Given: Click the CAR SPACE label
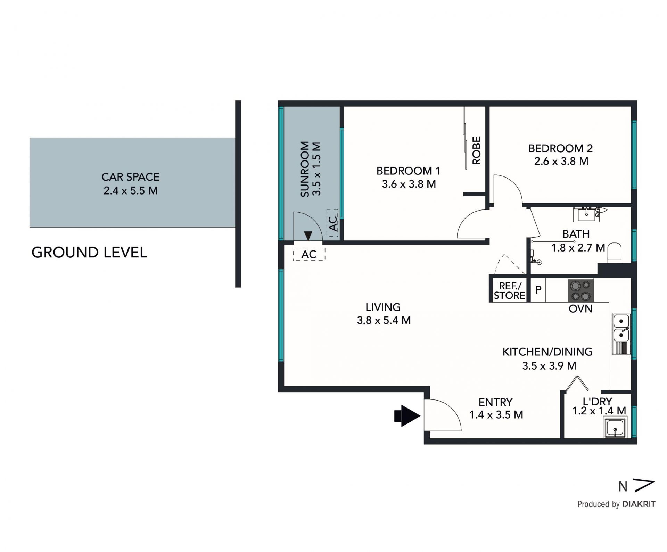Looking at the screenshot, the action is pyautogui.click(x=130, y=177).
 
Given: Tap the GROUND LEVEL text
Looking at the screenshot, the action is pyautogui.click(x=89, y=253).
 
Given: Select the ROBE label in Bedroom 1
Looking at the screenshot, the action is pyautogui.click(x=476, y=150).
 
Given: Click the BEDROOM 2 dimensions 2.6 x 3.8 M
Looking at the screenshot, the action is pyautogui.click(x=561, y=161).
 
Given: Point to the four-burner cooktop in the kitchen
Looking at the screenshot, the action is pyautogui.click(x=580, y=290).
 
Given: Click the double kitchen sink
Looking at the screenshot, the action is pyautogui.click(x=621, y=334).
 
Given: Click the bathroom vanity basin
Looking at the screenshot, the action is pyautogui.click(x=586, y=214).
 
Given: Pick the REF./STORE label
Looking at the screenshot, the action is pyautogui.click(x=509, y=291).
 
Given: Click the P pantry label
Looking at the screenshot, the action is pyautogui.click(x=538, y=290).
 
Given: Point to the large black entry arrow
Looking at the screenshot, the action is pyautogui.click(x=407, y=415).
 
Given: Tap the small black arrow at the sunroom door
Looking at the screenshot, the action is pyautogui.click(x=308, y=236).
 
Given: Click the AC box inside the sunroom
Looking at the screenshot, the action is pyautogui.click(x=332, y=223).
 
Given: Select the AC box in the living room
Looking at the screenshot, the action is pyautogui.click(x=309, y=254).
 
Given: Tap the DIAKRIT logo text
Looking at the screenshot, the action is pyautogui.click(x=639, y=504).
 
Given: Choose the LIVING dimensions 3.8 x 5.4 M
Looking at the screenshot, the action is pyautogui.click(x=384, y=320).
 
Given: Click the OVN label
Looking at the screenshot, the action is pyautogui.click(x=580, y=308).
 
